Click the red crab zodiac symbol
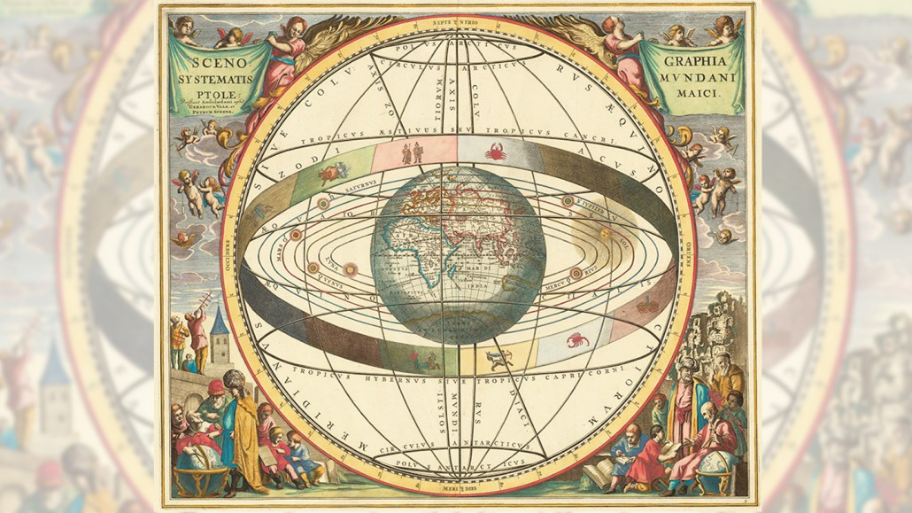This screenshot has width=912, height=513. [496, 152]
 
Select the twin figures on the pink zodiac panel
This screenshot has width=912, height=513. [413, 154]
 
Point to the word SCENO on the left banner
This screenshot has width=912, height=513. [205, 64]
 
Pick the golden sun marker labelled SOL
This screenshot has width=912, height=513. [606, 234]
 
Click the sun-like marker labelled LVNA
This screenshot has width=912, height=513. [351, 268]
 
